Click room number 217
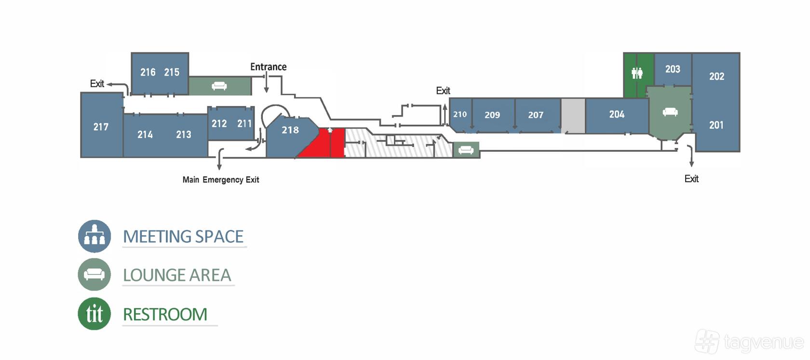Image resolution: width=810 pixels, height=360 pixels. pos(101,127)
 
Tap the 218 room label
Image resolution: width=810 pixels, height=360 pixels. pos(290,130)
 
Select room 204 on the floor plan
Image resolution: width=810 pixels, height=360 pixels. pos(617,115)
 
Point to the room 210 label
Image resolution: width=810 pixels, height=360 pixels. pos(460,115)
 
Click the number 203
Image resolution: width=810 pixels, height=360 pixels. pos(673,69)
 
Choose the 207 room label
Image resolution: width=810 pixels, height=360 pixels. pos(536,115)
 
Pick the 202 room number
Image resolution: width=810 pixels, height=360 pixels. pos(716,76)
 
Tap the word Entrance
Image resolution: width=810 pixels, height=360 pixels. pos(268,67)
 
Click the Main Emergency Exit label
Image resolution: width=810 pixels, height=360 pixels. pos(221,180)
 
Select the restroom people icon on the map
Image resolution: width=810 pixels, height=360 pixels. pos(637,73)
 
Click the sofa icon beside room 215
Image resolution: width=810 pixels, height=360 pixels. pos(219,86)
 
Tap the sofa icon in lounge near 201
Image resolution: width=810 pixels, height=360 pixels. pos(670,112)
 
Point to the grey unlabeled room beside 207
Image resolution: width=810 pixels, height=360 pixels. pos(573,116)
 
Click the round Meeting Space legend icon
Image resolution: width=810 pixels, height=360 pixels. pos(94,236)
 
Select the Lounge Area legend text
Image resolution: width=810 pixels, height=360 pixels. pos(177,275)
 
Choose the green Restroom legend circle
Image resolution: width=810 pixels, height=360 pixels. pos(94,314)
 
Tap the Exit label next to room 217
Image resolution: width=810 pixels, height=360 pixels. pos(97,84)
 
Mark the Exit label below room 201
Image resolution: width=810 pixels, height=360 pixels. pos(691,179)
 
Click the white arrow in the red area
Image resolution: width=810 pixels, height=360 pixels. pos(330,131)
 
